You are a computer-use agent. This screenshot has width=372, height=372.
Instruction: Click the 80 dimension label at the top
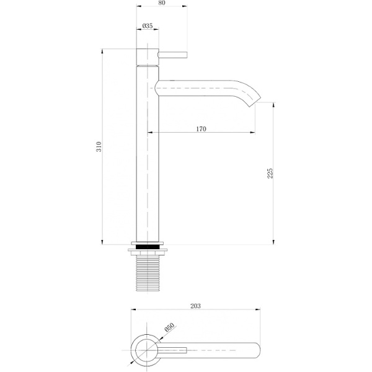click(161, 3)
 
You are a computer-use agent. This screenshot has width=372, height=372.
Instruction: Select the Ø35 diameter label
click(148, 26)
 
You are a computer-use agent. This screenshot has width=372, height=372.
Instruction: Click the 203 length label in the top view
click(196, 306)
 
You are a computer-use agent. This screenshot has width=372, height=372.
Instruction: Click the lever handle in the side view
click(173, 55)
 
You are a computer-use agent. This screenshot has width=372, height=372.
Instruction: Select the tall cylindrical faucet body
click(148, 155)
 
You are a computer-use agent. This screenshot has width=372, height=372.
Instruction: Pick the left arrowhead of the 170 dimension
click(150, 133)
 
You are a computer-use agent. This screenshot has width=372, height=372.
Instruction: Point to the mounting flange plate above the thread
click(148, 251)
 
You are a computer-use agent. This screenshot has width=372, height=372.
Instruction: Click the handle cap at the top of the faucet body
click(148, 54)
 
